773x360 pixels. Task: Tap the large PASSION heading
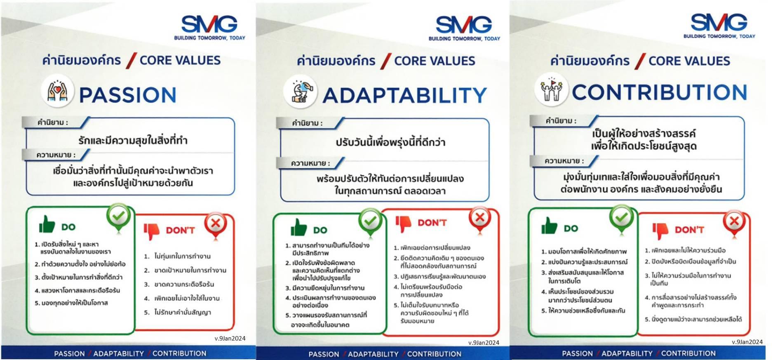128,95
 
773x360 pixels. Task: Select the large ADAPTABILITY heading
405,96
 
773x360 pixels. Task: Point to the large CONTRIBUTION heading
659,92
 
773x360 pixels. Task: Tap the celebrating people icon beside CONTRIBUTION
552,89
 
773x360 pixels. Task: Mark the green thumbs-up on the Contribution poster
549,226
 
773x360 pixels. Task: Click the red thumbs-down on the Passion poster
151,231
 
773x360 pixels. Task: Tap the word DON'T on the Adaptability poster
432,223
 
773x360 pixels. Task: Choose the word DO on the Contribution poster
571,228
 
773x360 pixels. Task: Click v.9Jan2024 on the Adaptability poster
484,343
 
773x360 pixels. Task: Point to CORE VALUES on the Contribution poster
689,61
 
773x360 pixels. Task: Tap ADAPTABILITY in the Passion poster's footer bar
119,353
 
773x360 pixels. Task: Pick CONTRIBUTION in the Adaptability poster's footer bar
434,354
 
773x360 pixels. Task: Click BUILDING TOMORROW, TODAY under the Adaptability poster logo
464,39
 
